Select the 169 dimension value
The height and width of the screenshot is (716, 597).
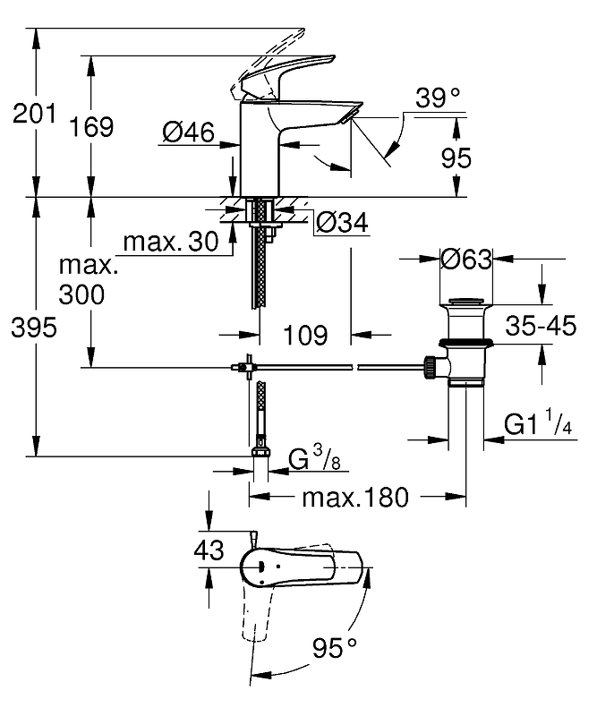coord(92,126)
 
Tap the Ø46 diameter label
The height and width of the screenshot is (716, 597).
coord(188,133)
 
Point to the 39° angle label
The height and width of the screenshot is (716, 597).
coord(438,98)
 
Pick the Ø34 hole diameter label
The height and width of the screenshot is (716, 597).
coord(343,220)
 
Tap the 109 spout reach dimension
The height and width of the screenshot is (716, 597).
coord(304,336)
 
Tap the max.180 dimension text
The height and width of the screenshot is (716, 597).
coord(354,496)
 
